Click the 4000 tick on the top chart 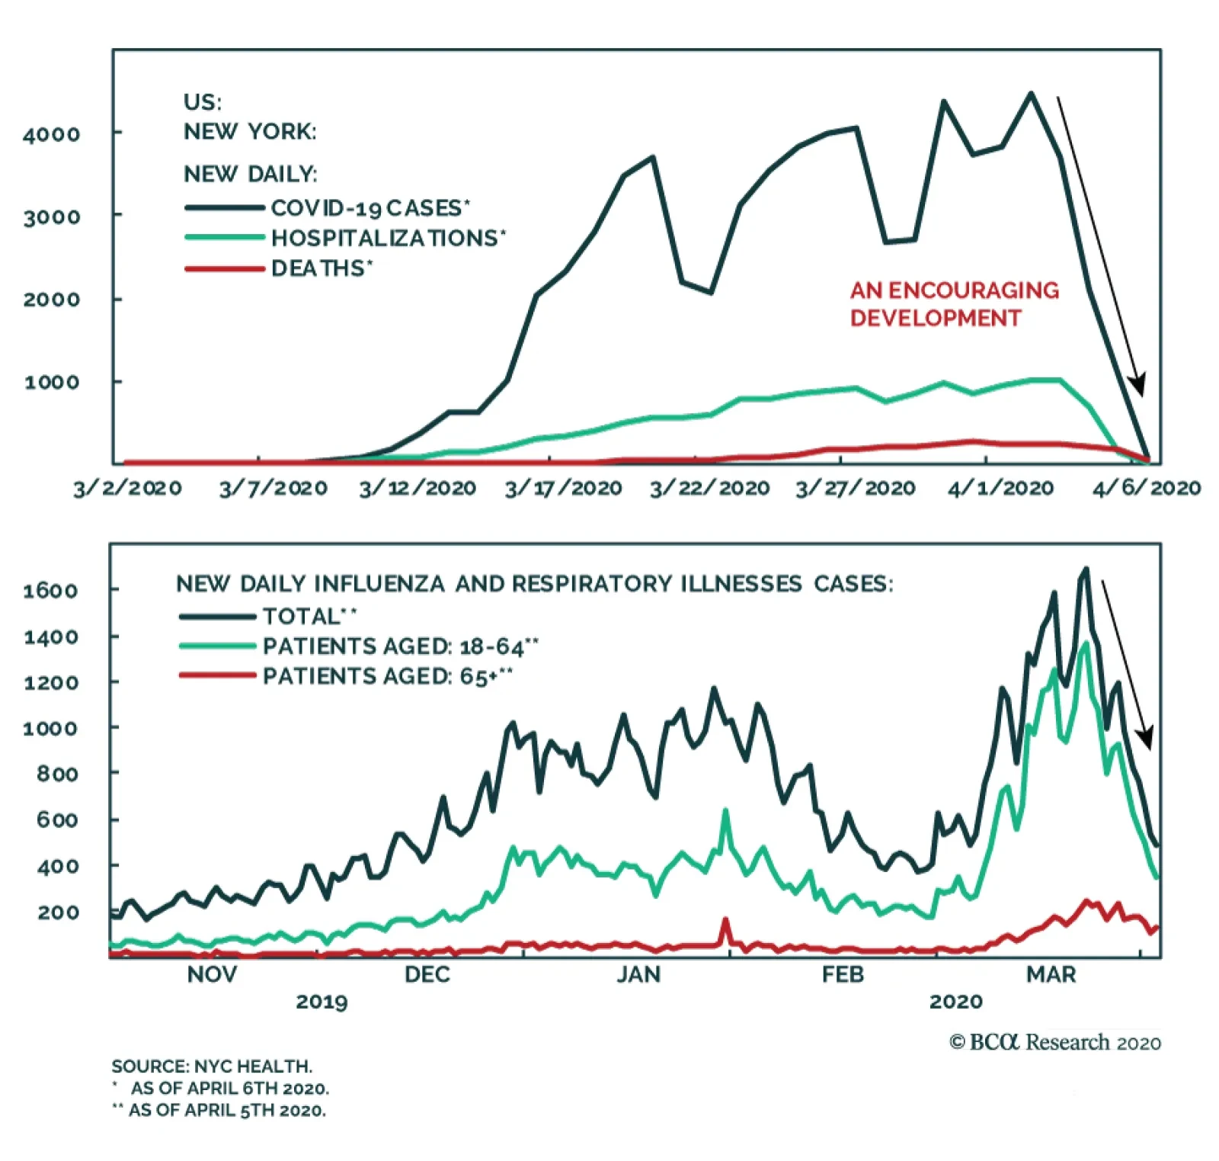click(51, 135)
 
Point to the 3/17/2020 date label click(563, 488)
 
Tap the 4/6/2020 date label click(1147, 488)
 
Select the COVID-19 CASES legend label click(370, 208)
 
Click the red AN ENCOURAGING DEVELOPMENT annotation click(954, 304)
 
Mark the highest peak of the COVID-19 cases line click(1031, 94)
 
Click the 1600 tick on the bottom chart click(50, 591)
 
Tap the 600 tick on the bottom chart click(57, 820)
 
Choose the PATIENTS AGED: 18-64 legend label click(400, 646)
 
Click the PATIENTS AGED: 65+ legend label click(387, 677)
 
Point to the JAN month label click(638, 975)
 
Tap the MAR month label click(1051, 975)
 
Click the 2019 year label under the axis click(322, 1002)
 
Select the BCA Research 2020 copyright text click(1055, 1042)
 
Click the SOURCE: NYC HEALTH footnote click(212, 1066)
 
